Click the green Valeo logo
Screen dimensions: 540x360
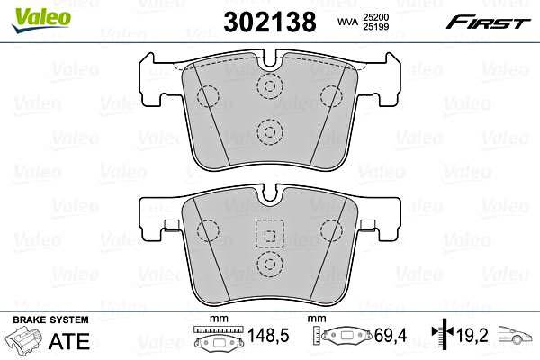tap(41, 20)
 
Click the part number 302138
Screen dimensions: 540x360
tap(270, 22)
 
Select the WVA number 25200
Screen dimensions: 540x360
tap(375, 17)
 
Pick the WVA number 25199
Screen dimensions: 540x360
tap(375, 26)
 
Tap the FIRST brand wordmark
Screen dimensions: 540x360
tap(488, 22)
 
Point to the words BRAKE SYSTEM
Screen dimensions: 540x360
tap(50, 319)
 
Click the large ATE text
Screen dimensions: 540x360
tap(69, 341)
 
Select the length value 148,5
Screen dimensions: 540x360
tap(268, 335)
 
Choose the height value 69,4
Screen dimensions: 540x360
tap(391, 335)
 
